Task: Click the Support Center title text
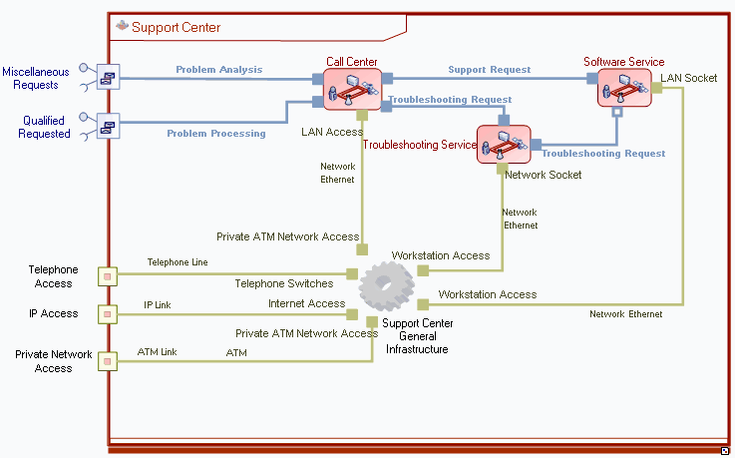pos(177,27)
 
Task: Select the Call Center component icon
pos(352,90)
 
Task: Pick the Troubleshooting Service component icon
pos(502,144)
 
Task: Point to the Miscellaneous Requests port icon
pos(108,77)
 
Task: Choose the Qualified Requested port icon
pos(108,126)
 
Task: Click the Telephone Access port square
pos(108,274)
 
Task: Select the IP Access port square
pos(108,314)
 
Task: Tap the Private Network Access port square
pos(108,361)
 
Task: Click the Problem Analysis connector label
pos(219,70)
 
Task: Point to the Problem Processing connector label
pos(216,133)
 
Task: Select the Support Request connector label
pos(489,70)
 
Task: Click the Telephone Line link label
pos(178,262)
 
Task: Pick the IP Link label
pos(158,304)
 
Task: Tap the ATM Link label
pos(157,352)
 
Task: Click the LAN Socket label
pos(688,78)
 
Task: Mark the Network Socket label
pos(544,175)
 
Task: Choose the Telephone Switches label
pos(284,283)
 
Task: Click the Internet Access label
pos(306,303)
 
